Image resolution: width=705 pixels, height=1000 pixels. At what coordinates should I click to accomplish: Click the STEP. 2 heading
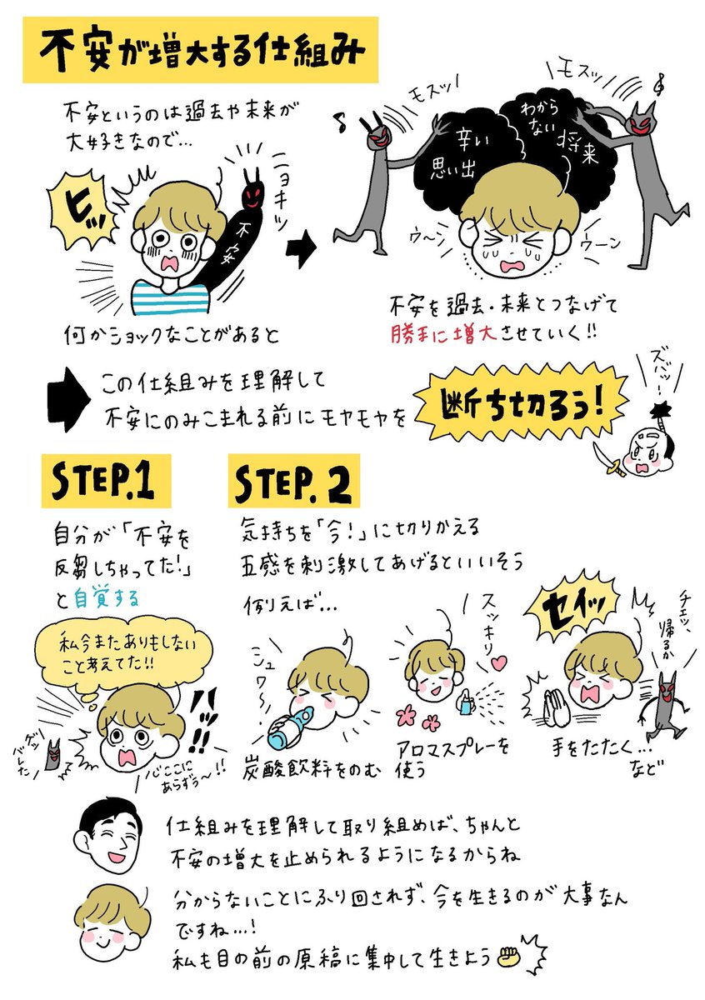click(x=294, y=481)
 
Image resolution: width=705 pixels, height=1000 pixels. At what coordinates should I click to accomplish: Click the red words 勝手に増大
click(x=442, y=334)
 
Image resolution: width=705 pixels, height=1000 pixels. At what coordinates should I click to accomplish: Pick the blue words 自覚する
click(x=107, y=598)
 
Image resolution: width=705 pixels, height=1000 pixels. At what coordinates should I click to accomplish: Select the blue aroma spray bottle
click(x=466, y=702)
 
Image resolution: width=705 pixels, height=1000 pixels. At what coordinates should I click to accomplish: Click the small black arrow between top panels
click(x=302, y=248)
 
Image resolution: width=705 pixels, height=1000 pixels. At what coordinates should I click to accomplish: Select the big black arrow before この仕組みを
click(x=69, y=399)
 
